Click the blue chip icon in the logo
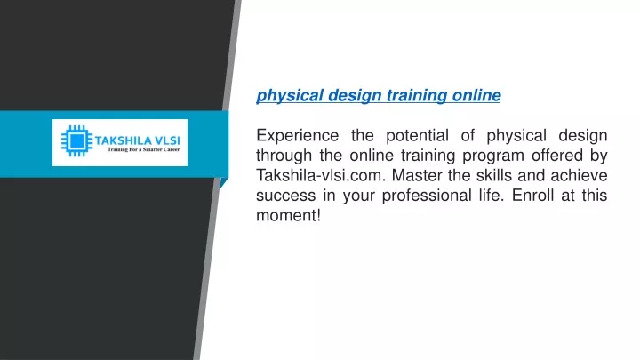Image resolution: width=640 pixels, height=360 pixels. click(x=76, y=141)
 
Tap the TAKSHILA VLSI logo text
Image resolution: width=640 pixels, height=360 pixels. click(x=137, y=140)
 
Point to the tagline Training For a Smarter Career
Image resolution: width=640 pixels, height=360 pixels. click(x=143, y=149)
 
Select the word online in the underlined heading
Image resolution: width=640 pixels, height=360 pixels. click(x=476, y=95)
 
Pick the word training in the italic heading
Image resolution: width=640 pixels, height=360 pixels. click(x=417, y=95)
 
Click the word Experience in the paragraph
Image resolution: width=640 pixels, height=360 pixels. click(x=298, y=135)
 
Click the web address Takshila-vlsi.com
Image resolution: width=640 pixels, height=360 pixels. click(x=321, y=175)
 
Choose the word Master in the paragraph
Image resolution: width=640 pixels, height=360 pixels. click(x=417, y=175)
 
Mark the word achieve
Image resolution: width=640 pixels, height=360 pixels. click(x=579, y=175)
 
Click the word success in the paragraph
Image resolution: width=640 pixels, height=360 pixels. click(x=285, y=195)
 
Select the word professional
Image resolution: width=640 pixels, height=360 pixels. click(x=427, y=196)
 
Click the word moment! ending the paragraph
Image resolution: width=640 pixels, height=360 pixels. click(x=289, y=215)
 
